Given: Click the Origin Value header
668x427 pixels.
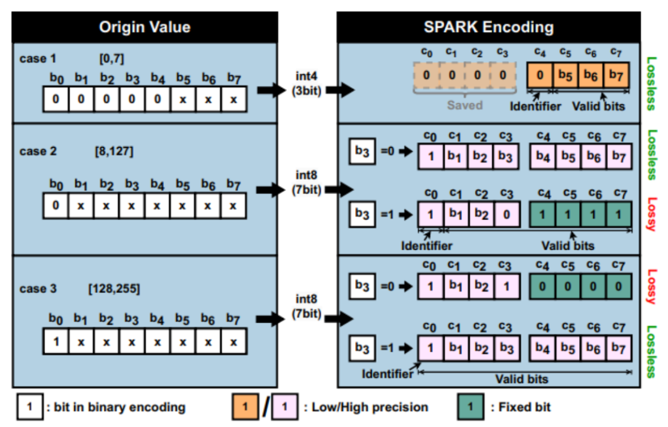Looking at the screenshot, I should click(145, 27).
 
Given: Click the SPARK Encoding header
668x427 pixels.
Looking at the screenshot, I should click(489, 27).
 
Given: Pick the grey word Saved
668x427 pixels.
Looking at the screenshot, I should click(465, 105).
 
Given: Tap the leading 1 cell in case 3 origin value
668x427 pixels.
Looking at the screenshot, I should click(56, 340).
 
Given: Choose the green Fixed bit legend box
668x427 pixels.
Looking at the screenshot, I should click(471, 407).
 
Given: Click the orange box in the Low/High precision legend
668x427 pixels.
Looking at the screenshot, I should click(245, 407).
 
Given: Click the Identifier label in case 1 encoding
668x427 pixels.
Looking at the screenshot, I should click(536, 106).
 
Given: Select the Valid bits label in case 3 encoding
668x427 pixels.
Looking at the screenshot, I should click(521, 378).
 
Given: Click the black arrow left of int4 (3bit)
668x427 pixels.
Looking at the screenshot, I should click(270, 90).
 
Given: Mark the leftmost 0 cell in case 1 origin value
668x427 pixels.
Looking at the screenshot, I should click(56, 99).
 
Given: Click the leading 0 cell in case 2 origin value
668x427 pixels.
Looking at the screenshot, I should click(56, 205).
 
